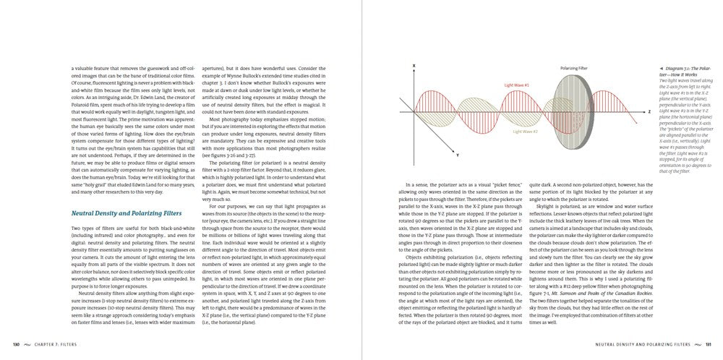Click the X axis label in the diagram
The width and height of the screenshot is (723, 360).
pos(414,65)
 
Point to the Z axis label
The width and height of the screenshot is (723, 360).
pos(649,111)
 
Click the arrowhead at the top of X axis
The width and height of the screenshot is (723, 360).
pos(414,71)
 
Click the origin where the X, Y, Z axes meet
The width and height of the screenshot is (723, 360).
pos(414,111)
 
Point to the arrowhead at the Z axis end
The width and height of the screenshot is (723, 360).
pos(643,111)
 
